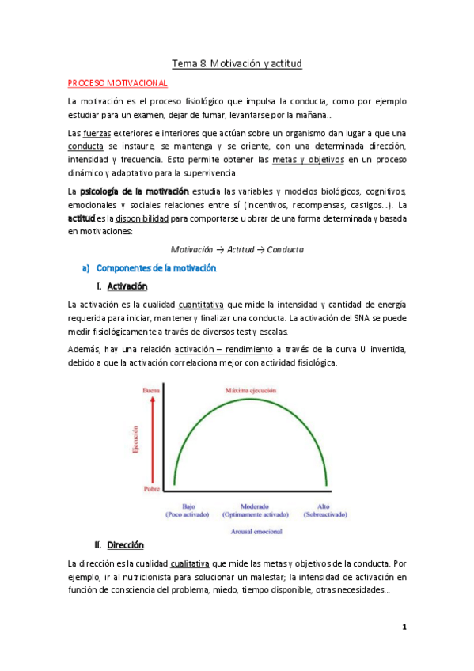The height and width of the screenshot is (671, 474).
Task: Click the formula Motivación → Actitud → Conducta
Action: pyautogui.click(x=237, y=249)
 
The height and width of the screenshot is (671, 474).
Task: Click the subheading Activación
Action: pyautogui.click(x=127, y=286)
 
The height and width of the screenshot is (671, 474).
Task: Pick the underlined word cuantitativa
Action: pyautogui.click(x=202, y=305)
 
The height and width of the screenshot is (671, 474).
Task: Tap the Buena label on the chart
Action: pyautogui.click(x=150, y=390)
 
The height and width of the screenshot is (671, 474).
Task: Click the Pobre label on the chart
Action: pyautogui.click(x=150, y=489)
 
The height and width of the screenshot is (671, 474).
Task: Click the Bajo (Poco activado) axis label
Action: pyautogui.click(x=188, y=510)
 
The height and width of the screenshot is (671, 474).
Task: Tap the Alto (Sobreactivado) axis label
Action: pyautogui.click(x=324, y=510)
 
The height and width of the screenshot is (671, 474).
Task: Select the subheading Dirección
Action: pyautogui.click(x=125, y=545)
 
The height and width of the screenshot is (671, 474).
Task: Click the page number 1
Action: pyautogui.click(x=404, y=627)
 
